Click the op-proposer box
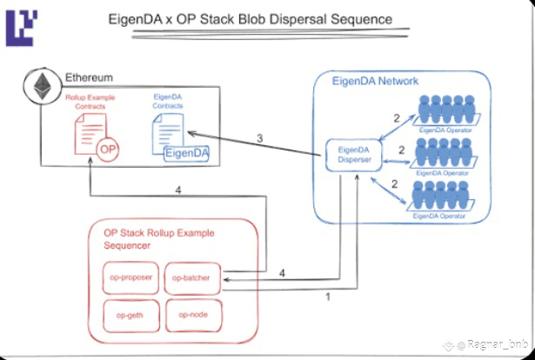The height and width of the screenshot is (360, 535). click(130, 278)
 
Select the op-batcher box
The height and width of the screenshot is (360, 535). click(192, 278)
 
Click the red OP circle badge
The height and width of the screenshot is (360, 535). click(108, 149)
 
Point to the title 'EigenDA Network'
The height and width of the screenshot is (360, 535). click(376, 81)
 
